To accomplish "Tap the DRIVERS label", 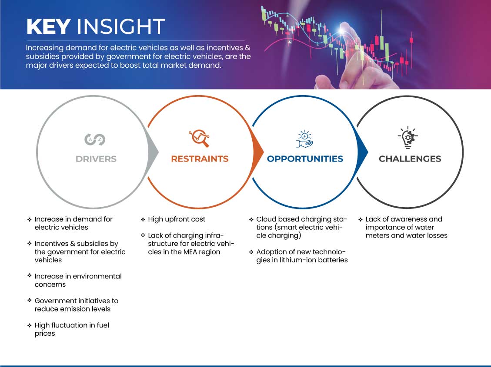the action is click(x=96, y=159).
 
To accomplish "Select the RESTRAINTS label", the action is click(x=200, y=159).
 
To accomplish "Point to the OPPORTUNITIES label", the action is click(x=305, y=159).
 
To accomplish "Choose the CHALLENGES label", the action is click(x=410, y=159).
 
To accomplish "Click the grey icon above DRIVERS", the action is click(x=95, y=139).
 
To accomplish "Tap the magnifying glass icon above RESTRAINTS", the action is click(x=199, y=138).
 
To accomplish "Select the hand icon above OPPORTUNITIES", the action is click(x=304, y=139).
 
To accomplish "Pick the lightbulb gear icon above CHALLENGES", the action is click(x=407, y=138).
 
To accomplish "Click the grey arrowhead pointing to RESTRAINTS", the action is click(x=153, y=152).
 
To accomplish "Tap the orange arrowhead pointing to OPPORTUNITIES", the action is click(x=258, y=152).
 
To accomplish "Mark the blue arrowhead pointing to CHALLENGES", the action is click(x=363, y=152).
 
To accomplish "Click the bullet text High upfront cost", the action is click(x=177, y=219).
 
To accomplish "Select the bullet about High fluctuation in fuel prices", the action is click(x=72, y=329).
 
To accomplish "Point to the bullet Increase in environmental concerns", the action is click(x=78, y=281).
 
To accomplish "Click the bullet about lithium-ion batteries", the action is click(x=302, y=256).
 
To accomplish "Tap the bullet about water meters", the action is click(x=407, y=227).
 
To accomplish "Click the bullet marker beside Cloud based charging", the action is click(x=251, y=219).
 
